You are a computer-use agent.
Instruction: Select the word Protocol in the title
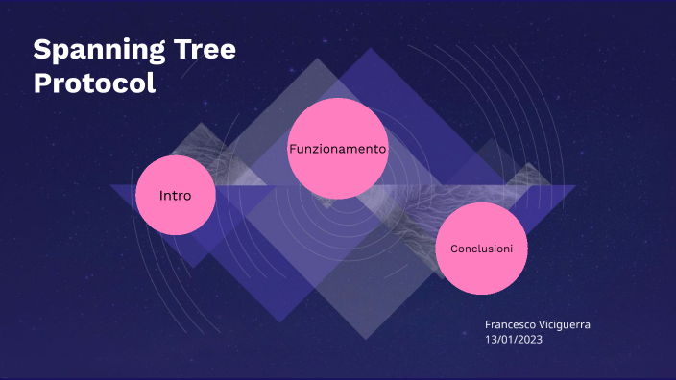(x=94, y=83)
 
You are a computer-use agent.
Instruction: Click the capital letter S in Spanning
(x=41, y=51)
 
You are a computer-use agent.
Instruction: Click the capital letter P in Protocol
(x=42, y=83)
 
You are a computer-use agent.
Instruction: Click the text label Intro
(x=175, y=196)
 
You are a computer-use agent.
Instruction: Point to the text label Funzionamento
(x=337, y=150)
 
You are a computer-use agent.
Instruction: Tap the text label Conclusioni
(x=481, y=249)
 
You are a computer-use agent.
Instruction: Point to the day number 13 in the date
(x=492, y=340)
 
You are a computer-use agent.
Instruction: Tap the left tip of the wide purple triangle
(x=110, y=186)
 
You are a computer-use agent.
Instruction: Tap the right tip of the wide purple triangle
(x=576, y=186)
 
